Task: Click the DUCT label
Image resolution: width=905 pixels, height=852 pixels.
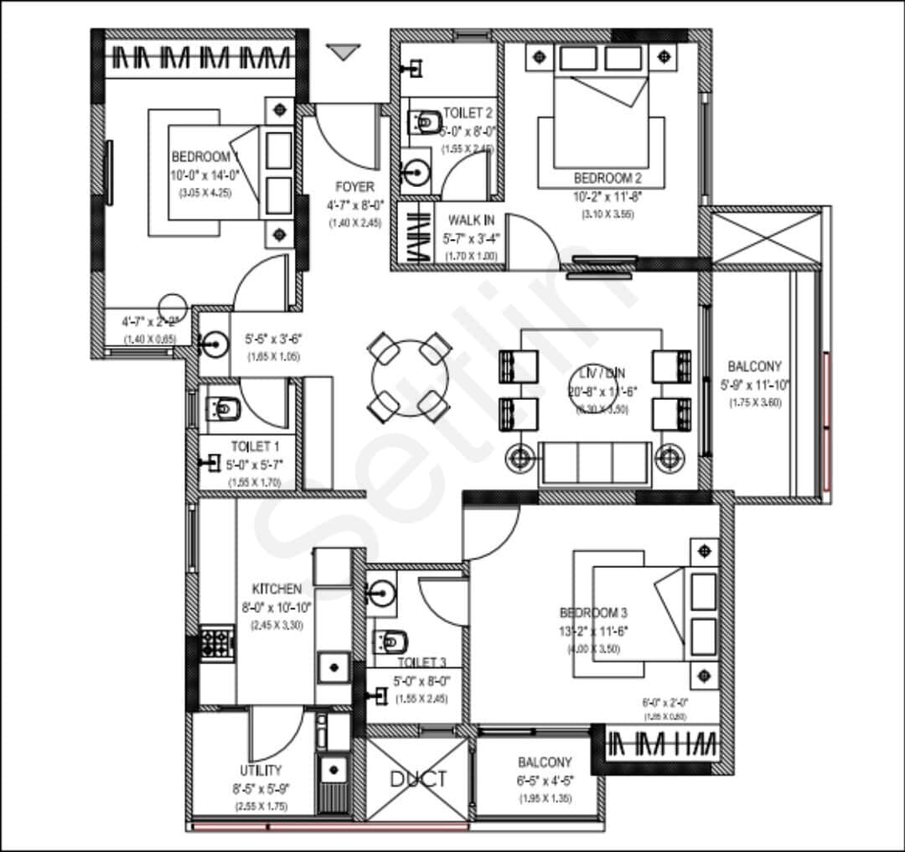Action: click(x=419, y=779)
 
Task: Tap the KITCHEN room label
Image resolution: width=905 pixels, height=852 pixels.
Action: click(x=277, y=590)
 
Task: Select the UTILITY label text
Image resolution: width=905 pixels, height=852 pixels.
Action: click(x=261, y=770)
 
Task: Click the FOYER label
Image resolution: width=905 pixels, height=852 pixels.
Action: click(x=354, y=186)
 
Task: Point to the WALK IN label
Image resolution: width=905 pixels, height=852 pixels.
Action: click(x=471, y=220)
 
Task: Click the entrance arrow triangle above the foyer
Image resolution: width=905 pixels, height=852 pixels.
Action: click(x=341, y=53)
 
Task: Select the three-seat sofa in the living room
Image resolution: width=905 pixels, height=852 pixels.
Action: click(x=596, y=463)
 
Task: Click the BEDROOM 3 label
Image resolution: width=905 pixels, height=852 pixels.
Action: click(x=594, y=613)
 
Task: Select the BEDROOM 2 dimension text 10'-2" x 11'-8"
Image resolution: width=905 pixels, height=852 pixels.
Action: click(x=608, y=197)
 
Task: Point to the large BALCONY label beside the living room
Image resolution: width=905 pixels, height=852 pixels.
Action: click(x=754, y=366)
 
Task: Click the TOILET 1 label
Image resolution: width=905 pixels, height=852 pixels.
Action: click(x=256, y=447)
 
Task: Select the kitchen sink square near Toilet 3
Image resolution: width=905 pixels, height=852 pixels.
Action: click(x=334, y=668)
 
